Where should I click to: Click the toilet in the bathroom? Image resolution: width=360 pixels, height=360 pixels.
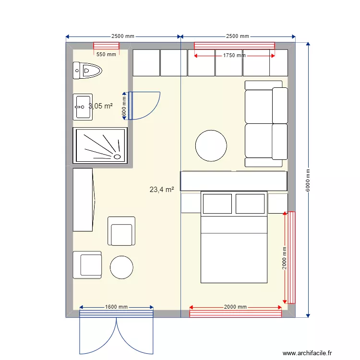(x=88, y=71)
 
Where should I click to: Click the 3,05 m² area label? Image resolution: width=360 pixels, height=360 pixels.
(x=101, y=106)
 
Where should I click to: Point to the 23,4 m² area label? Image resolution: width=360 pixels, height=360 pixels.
(x=162, y=190)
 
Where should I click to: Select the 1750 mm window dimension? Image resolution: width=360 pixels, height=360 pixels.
(x=234, y=56)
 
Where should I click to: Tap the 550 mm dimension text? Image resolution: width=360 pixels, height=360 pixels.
(x=106, y=54)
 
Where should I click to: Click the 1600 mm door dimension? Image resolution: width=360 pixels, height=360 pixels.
(x=116, y=307)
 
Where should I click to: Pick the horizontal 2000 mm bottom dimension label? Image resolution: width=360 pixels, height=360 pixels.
(x=235, y=307)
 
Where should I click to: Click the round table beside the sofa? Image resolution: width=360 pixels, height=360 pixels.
(x=211, y=145)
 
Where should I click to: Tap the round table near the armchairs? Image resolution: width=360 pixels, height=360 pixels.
(x=121, y=267)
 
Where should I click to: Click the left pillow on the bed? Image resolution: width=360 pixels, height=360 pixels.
(x=217, y=204)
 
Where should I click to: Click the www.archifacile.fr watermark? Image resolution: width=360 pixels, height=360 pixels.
(x=307, y=353)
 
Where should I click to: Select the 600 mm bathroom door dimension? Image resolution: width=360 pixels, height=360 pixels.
(x=124, y=106)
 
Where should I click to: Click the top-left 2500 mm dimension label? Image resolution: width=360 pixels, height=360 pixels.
(x=123, y=36)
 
